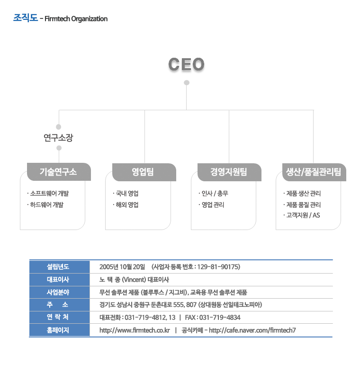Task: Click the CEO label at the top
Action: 186,64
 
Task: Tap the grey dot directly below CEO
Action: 187,83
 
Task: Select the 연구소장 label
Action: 58,138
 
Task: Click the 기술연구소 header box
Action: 59,172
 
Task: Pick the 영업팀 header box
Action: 144,172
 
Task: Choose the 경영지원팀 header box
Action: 229,172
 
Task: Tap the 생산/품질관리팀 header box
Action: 314,172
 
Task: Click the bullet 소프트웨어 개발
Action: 48,194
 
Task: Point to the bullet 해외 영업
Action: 126,205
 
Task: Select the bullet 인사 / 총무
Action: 213,194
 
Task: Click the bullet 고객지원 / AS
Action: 302,215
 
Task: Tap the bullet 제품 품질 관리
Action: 302,205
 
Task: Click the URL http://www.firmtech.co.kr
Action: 135,330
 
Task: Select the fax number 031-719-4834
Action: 220,317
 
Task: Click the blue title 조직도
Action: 26,18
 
